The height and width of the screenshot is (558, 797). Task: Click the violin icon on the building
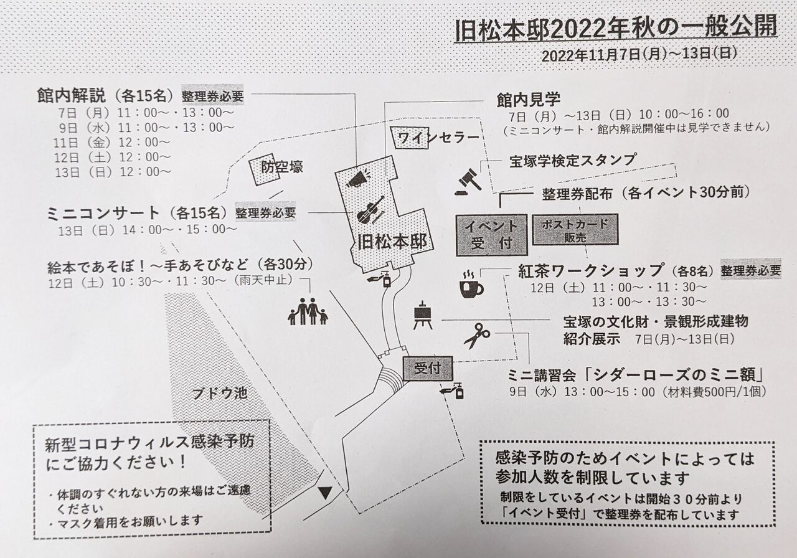(370, 210)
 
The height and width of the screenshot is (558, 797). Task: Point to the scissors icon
(477, 335)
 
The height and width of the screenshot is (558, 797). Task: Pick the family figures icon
(308, 310)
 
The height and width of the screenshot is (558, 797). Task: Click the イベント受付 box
(491, 234)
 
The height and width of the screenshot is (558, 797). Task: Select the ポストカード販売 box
(575, 230)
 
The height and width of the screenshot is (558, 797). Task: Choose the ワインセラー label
(438, 138)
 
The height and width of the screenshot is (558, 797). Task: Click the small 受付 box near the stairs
(427, 368)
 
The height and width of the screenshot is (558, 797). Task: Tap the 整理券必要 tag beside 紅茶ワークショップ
(750, 271)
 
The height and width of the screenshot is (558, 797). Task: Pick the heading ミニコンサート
(103, 214)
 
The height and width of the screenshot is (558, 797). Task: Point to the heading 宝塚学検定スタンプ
(572, 160)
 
